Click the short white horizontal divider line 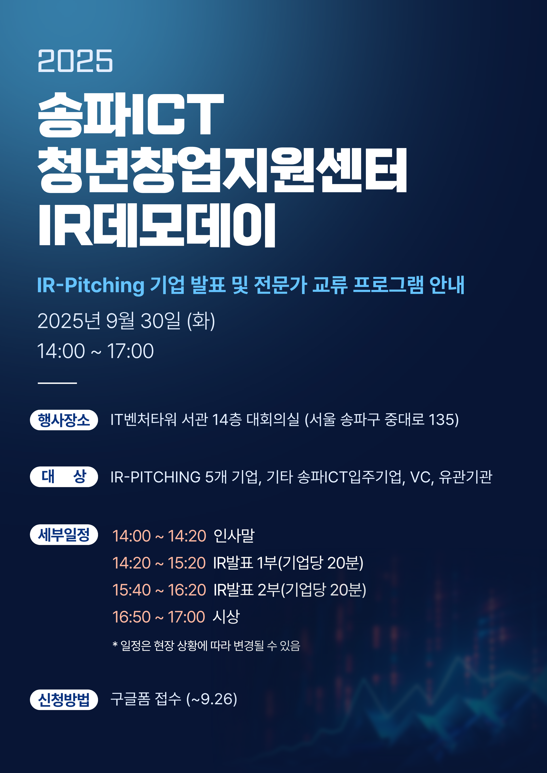[x=57, y=383]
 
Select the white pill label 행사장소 [x=64, y=420]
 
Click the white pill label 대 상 [x=64, y=476]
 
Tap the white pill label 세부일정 [x=64, y=534]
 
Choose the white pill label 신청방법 [x=64, y=700]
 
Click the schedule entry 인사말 [x=234, y=536]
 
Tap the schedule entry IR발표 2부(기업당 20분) [x=290, y=590]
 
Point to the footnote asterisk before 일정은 [x=115, y=644]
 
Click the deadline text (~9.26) [x=212, y=699]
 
